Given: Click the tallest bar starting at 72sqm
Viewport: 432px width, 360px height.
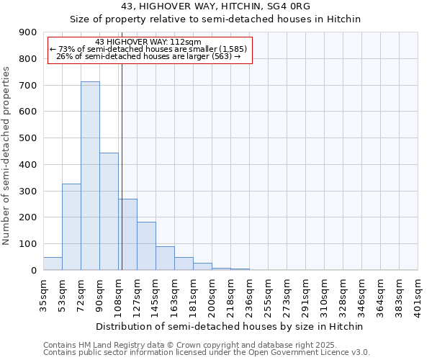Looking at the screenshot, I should (x=90, y=176).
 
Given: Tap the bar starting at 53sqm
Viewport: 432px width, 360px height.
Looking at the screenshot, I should (x=71, y=227).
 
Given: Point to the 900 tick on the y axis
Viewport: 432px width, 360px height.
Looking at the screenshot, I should (x=28, y=32).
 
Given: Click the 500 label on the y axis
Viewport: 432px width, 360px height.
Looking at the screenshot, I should (x=28, y=138).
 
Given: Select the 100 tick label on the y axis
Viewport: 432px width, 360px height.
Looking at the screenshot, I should (x=28, y=244).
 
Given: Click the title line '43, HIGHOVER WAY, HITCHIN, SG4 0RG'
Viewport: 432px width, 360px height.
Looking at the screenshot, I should (x=215, y=6).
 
